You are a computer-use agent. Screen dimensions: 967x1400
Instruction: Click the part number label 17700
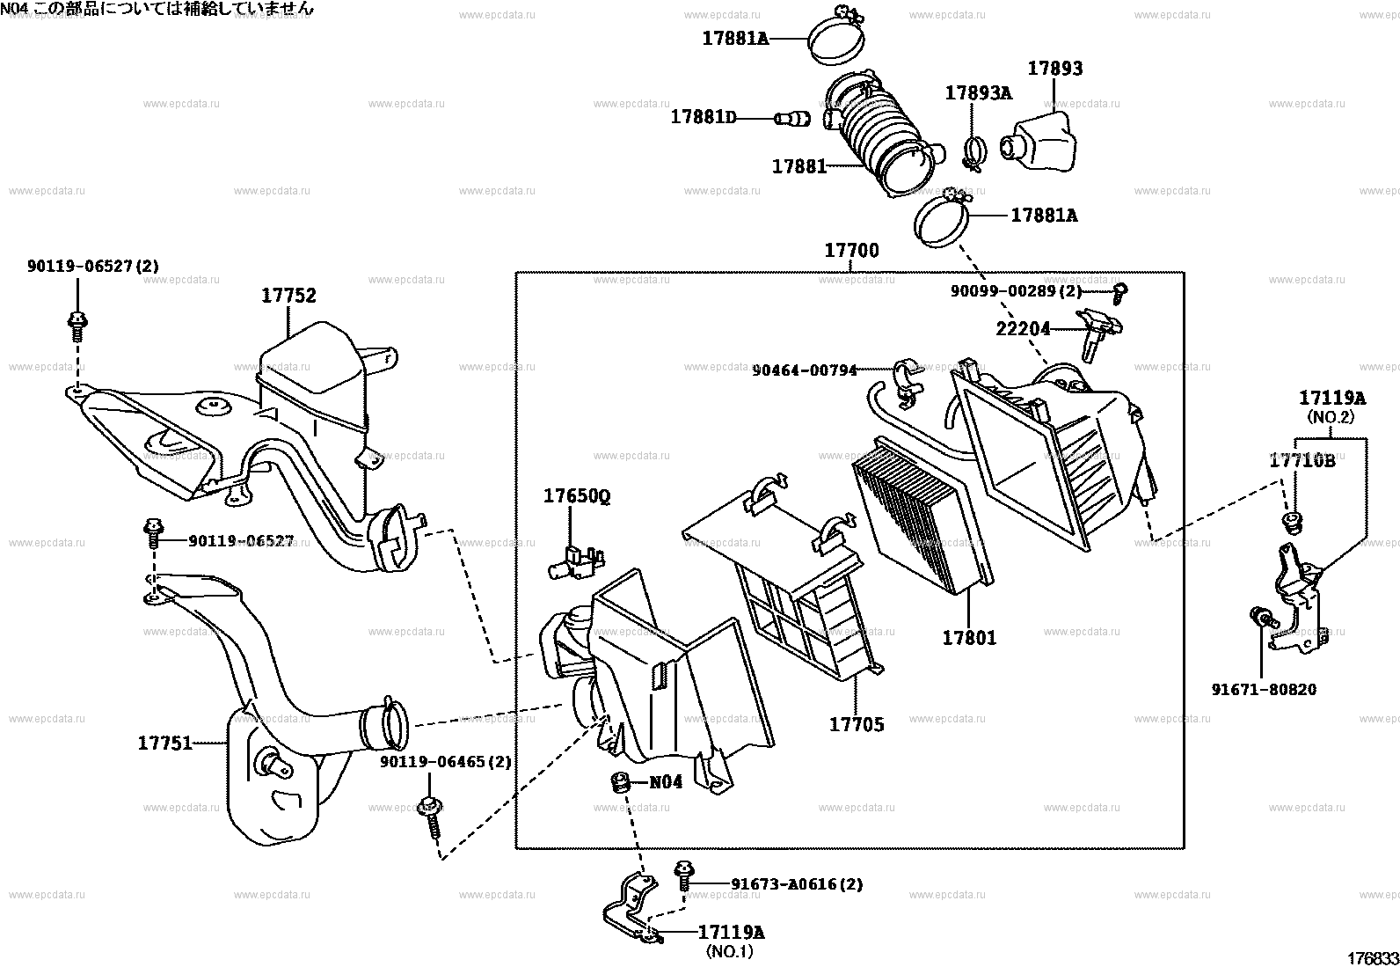coord(850,251)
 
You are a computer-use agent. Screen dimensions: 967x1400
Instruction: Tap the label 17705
coord(857,724)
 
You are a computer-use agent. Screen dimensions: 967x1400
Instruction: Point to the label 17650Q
coord(576,496)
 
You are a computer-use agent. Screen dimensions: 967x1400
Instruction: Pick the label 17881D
coord(703,117)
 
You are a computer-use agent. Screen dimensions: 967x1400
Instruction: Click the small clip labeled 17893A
coord(973,153)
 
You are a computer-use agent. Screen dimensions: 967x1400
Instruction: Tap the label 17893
coord(1055,69)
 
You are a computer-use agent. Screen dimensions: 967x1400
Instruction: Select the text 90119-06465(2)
coord(445,761)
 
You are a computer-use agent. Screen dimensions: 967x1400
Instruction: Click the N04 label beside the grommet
coord(666,781)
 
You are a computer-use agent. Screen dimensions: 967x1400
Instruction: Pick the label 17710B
coord(1302,460)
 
